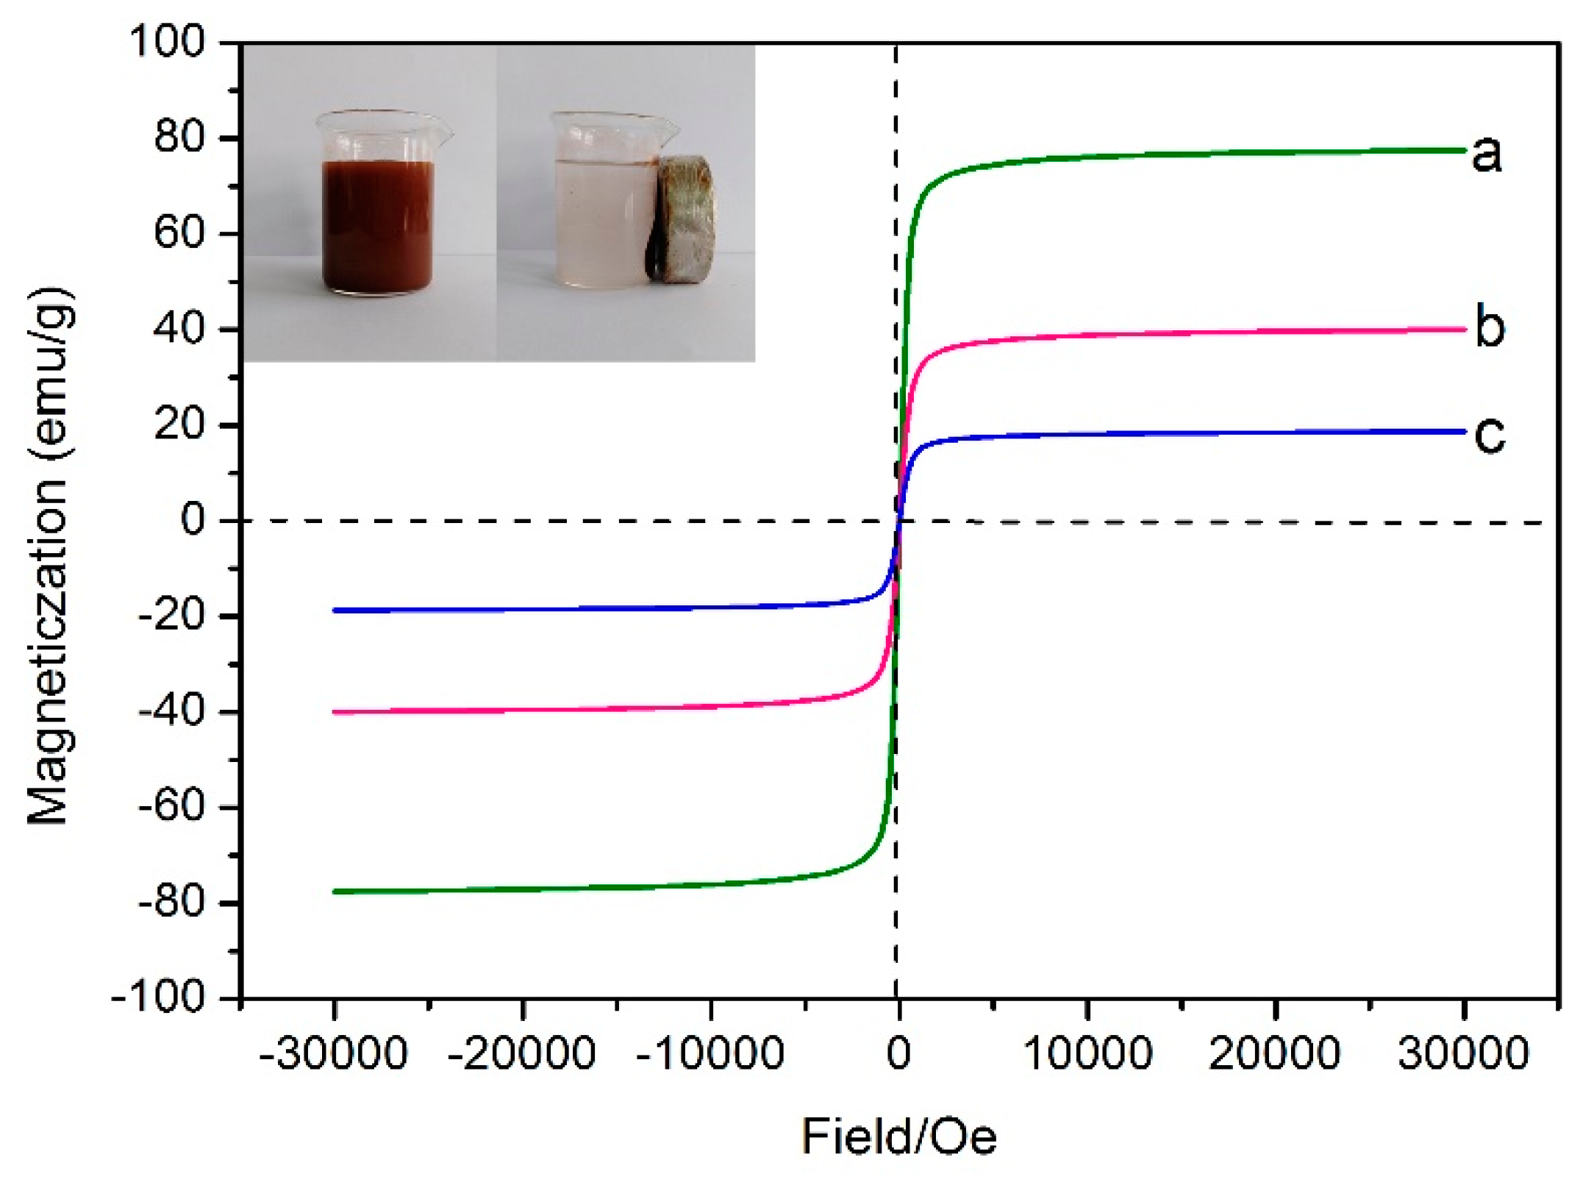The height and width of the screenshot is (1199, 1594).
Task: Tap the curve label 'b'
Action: pyautogui.click(x=1489, y=328)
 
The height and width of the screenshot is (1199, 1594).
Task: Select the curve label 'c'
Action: pyautogui.click(x=1489, y=435)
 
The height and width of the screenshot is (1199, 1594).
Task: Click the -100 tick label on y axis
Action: pyautogui.click(x=158, y=999)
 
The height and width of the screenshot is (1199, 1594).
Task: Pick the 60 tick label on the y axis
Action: pyautogui.click(x=179, y=233)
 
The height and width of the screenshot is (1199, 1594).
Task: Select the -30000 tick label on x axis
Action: pyautogui.click(x=333, y=1053)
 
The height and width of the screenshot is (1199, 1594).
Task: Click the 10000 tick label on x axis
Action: pyautogui.click(x=1087, y=1053)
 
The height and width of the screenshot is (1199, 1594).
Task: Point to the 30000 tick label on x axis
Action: pyautogui.click(x=1463, y=1053)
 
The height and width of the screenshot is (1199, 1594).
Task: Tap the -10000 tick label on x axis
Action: pyautogui.click(x=710, y=1053)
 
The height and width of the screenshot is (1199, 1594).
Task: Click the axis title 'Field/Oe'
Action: pyautogui.click(x=898, y=1136)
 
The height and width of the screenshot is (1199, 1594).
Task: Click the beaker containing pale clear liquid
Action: pyautogui.click(x=604, y=213)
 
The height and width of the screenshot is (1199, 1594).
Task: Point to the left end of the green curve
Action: pyautogui.click(x=335, y=892)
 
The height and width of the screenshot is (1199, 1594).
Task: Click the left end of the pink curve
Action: pyautogui.click(x=335, y=712)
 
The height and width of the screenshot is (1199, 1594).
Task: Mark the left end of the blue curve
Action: pyautogui.click(x=335, y=611)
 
